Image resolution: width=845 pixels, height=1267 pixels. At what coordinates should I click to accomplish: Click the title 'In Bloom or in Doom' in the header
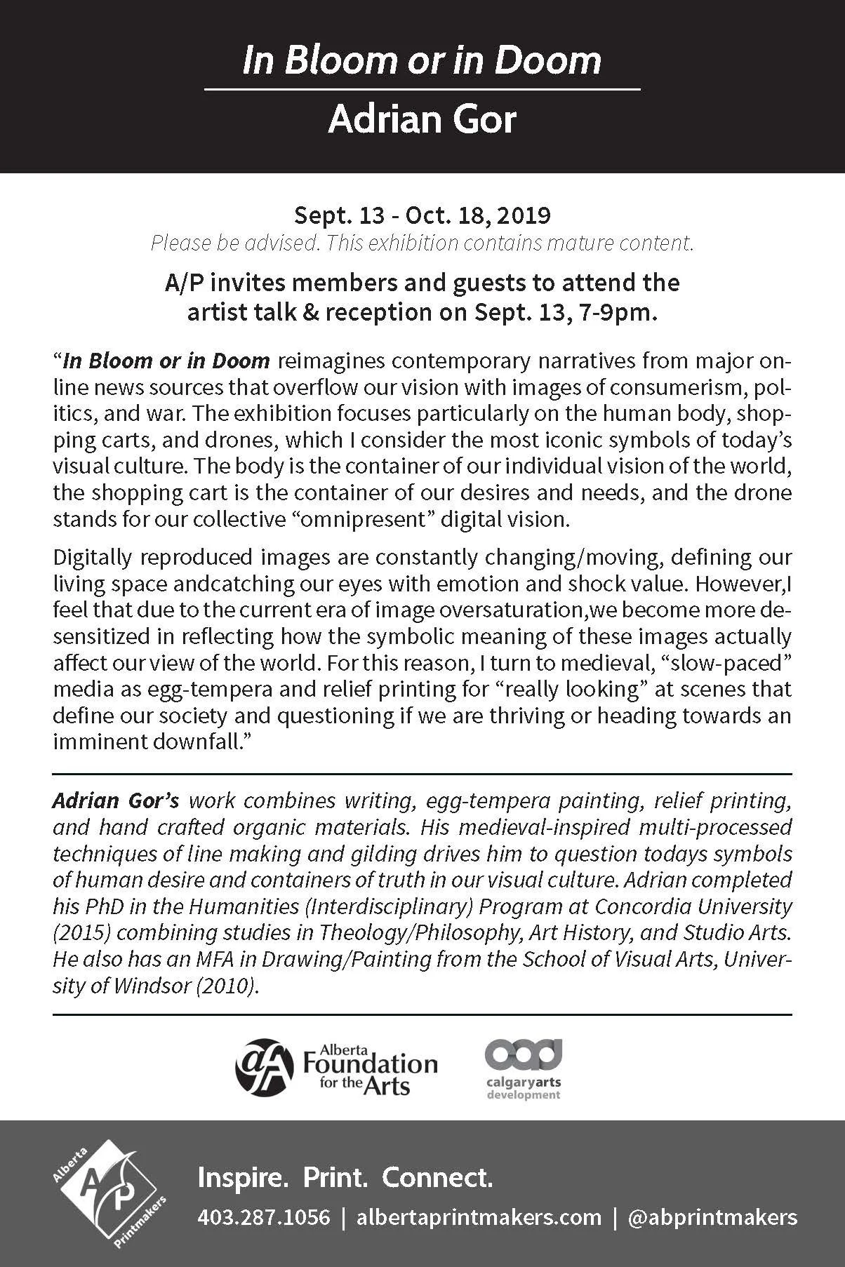point(422,61)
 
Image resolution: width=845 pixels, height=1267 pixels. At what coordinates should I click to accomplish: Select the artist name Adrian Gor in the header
point(422,119)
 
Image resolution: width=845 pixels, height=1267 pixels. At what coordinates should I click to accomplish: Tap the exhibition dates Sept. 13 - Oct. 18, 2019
point(422,215)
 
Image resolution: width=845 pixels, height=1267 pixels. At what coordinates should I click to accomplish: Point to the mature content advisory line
point(422,243)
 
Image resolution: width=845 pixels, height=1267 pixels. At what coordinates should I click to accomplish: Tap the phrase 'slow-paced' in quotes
point(733,663)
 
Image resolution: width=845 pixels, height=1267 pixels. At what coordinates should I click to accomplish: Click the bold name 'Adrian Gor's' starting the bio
point(116,800)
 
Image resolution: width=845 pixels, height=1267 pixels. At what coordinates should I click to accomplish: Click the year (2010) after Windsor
point(227,986)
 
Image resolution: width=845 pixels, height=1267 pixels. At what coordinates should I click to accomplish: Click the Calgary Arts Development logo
point(523,1069)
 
